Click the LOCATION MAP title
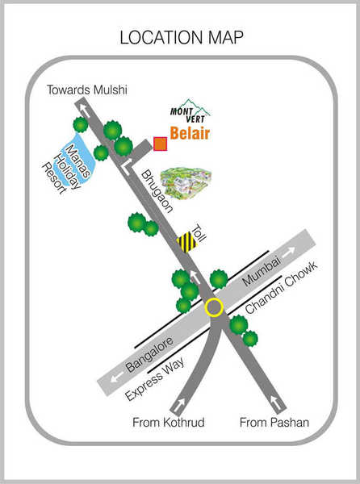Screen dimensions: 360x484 click(182, 37)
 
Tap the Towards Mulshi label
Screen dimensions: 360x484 click(86, 90)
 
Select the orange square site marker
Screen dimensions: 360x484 click(161, 144)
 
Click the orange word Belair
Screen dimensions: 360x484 click(190, 133)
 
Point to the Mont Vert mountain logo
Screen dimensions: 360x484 click(190, 111)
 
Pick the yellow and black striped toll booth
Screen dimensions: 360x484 click(186, 242)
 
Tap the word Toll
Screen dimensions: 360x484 click(199, 234)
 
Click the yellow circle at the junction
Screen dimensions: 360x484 click(214, 307)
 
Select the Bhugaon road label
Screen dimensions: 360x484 click(157, 191)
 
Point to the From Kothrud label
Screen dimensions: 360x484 click(169, 422)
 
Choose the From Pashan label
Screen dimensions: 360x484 click(274, 422)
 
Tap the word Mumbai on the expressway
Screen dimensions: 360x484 click(262, 271)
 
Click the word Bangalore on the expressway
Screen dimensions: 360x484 click(149, 354)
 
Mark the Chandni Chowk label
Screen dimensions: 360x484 click(281, 287)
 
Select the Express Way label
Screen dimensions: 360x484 click(155, 379)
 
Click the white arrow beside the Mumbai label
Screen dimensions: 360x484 click(289, 252)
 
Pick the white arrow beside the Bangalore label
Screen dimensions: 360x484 click(117, 378)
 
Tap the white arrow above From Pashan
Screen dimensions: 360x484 click(275, 403)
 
